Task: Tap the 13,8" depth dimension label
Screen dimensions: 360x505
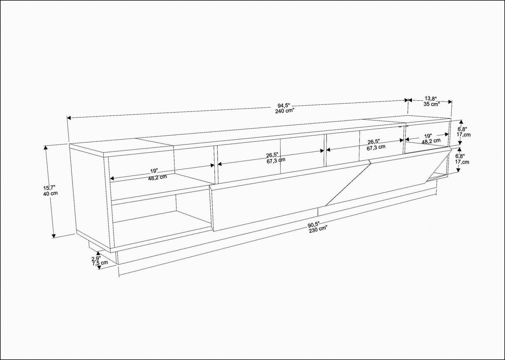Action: (431, 99)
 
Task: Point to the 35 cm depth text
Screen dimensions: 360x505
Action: (431, 104)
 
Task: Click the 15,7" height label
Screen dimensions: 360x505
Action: (50, 189)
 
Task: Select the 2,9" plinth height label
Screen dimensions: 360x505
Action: (96, 258)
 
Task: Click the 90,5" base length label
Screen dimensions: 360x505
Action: (315, 226)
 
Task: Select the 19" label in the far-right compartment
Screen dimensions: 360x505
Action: (428, 136)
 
